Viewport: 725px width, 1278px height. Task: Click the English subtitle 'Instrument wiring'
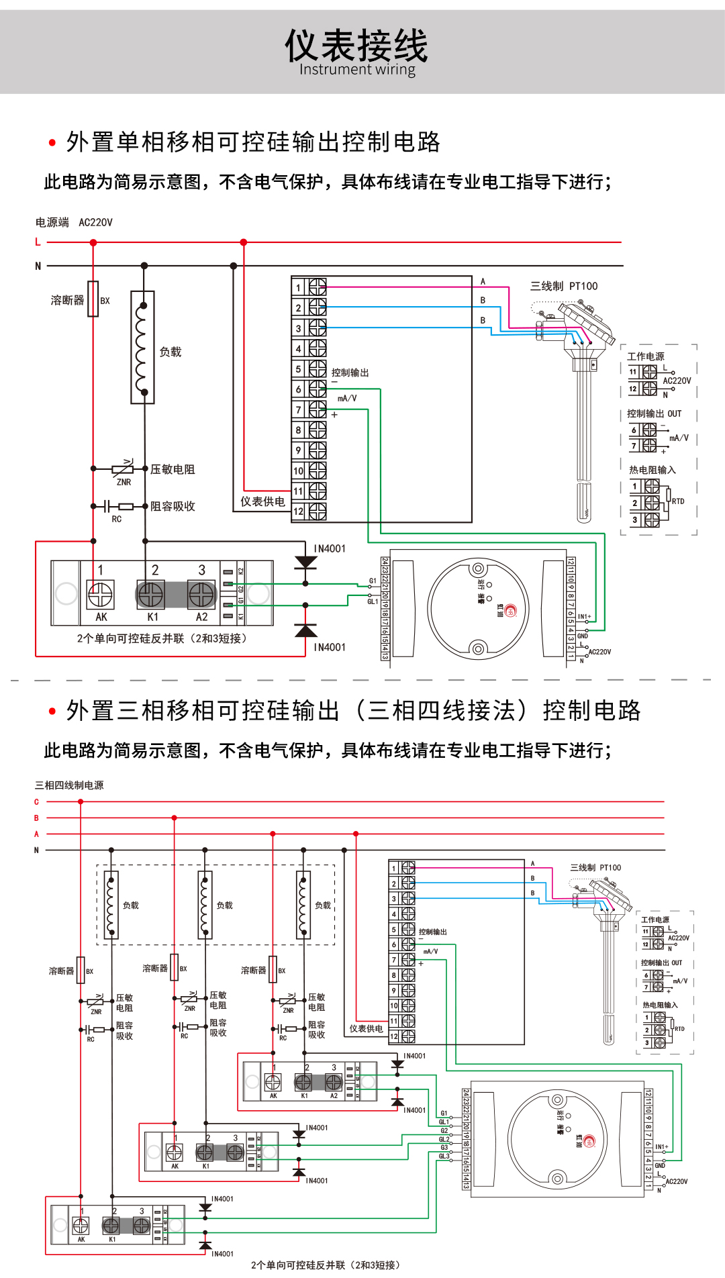point(357,70)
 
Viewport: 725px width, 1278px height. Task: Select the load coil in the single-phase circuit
point(142,348)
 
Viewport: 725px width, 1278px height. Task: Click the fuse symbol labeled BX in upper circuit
point(93,299)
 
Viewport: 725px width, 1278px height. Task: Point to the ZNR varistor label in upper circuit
point(124,482)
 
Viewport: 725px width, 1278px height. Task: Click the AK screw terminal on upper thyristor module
point(101,595)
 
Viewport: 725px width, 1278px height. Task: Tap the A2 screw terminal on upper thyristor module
point(201,595)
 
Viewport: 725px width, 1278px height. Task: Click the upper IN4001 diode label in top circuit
point(330,548)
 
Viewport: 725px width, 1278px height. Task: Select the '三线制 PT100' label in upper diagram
point(564,287)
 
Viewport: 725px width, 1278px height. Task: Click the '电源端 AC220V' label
point(74,222)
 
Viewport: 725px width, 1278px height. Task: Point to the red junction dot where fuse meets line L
point(93,242)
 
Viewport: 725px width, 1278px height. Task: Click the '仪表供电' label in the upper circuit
point(262,501)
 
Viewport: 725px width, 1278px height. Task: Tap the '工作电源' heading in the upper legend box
point(646,356)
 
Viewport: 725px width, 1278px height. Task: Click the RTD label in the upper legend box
point(678,501)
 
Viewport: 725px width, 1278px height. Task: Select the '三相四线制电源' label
point(69,785)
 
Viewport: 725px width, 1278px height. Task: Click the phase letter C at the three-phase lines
point(37,802)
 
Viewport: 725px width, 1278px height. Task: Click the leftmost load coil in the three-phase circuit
point(111,904)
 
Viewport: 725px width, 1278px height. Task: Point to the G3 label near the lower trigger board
point(444,1148)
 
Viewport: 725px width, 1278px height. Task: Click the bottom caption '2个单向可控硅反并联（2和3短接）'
point(326,1265)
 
